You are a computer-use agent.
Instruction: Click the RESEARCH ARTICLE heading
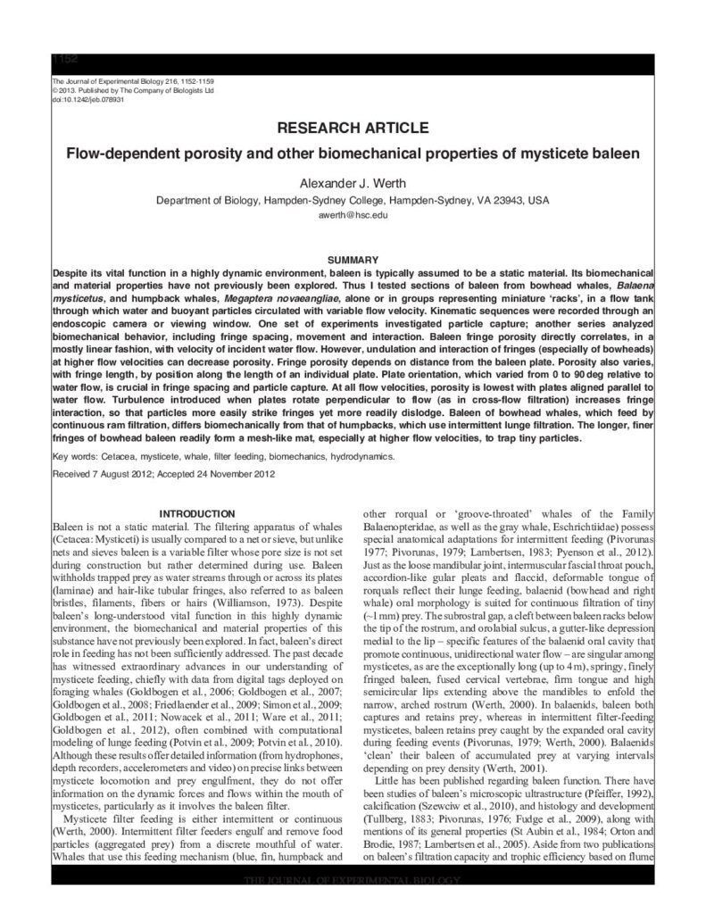coord(353,128)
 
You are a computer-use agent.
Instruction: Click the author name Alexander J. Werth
coord(353,183)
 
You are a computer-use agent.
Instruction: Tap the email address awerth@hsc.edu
coord(353,216)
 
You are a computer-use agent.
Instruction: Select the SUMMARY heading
coord(353,259)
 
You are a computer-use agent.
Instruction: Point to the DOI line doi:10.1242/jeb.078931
coord(87,99)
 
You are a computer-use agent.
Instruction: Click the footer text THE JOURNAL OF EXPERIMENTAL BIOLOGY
coord(353,882)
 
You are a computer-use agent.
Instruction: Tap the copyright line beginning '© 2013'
coord(134,90)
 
